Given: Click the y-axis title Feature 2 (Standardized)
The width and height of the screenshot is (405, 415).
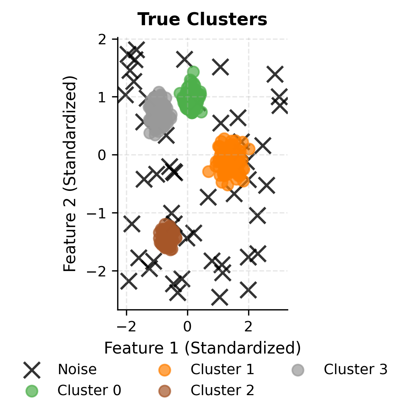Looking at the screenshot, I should pos(70,174).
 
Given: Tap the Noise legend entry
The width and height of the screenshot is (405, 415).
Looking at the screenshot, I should pos(77,369).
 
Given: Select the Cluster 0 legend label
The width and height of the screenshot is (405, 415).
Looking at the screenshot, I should pos(89,390).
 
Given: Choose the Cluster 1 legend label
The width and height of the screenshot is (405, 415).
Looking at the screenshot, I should pos(222,369).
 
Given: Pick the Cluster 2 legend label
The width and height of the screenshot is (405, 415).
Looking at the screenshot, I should pos(222,390).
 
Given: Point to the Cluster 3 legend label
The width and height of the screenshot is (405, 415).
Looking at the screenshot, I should pos(355,369).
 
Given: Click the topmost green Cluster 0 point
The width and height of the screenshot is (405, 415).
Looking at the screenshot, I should pos(194,71).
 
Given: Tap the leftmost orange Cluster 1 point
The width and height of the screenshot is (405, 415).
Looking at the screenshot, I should pos(208,171).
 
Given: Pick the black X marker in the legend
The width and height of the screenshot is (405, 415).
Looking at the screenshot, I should pos(32,370).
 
